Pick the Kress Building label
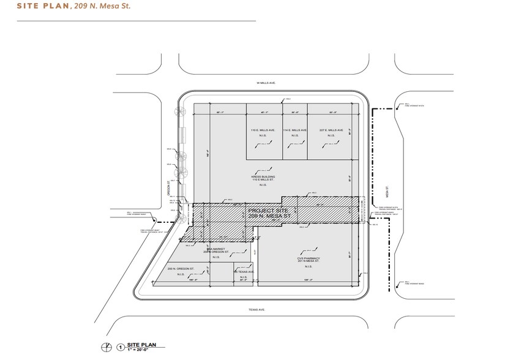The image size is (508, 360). [263, 178]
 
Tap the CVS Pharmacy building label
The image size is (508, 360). [304, 260]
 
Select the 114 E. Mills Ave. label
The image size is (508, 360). [295, 130]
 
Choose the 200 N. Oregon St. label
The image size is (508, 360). [181, 269]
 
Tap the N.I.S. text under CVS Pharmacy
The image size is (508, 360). [304, 266]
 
